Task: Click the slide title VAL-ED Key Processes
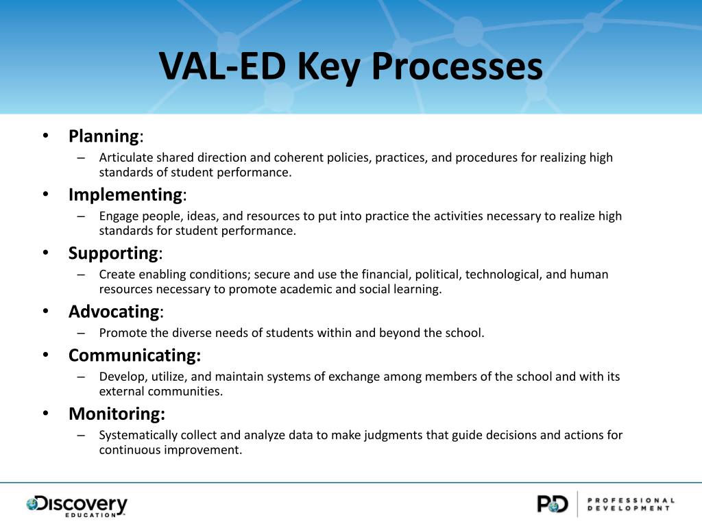coord(351,66)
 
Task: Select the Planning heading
coord(104,136)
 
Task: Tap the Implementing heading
coord(125,195)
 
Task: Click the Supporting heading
coord(113,253)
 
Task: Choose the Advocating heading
coord(114,312)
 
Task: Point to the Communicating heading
coord(134,355)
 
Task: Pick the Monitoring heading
coord(117,414)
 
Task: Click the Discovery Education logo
coord(77,505)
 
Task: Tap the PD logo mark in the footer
coord(552,504)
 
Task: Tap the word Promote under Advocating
coord(122,334)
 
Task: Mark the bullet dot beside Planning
coord(45,136)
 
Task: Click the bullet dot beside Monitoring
coord(45,414)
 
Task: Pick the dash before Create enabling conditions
coord(81,275)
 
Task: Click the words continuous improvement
coord(171,450)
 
